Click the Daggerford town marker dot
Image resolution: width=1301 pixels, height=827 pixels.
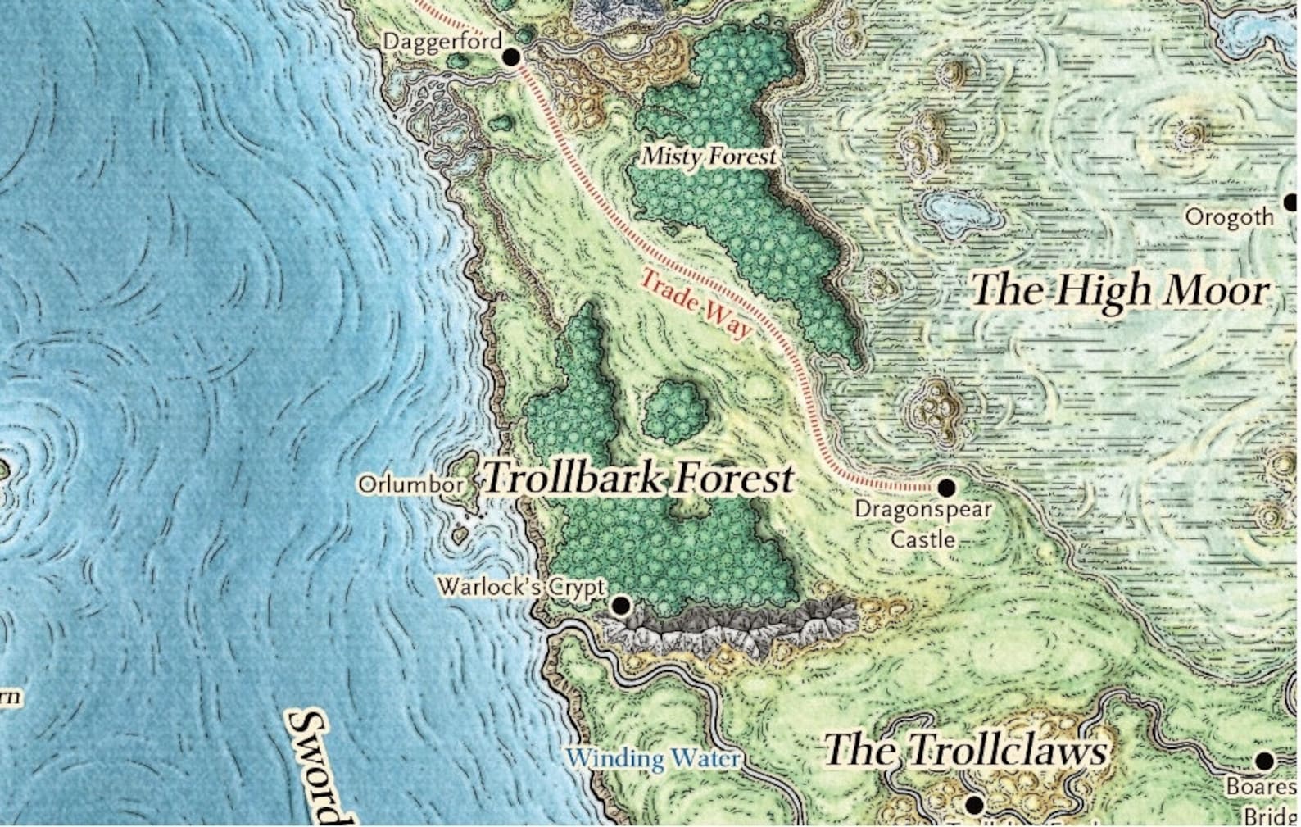pyautogui.click(x=511, y=57)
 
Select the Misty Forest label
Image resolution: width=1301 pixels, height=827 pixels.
pyautogui.click(x=708, y=156)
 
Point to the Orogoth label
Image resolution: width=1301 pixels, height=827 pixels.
pyautogui.click(x=1230, y=217)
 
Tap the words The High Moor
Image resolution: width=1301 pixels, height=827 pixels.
pyautogui.click(x=1120, y=291)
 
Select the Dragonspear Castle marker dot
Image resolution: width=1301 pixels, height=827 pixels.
pyautogui.click(x=946, y=488)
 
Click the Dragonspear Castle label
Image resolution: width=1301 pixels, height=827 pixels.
pyautogui.click(x=923, y=524)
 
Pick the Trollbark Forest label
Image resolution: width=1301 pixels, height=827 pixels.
pyautogui.click(x=639, y=478)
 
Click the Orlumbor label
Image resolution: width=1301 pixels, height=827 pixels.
pyautogui.click(x=410, y=484)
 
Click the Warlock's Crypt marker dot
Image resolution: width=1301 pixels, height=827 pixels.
pyautogui.click(x=621, y=606)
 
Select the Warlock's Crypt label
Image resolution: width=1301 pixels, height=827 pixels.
pyautogui.click(x=522, y=587)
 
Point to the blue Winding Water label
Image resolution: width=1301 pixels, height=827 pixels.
pyautogui.click(x=653, y=758)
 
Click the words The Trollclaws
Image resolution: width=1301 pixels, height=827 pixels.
pyautogui.click(x=966, y=750)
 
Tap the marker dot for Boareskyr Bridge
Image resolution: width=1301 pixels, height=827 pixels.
pyautogui.click(x=1264, y=761)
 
